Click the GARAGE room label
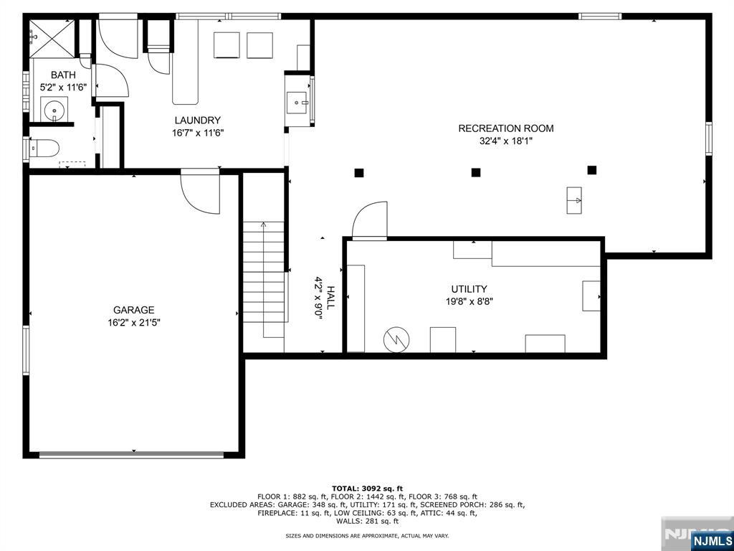point(133,310)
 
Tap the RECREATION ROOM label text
point(505,128)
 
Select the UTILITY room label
point(469,289)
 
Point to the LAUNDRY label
point(198,121)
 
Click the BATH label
point(63,75)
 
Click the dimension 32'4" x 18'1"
point(506,141)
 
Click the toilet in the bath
point(44,149)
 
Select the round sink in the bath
point(54,110)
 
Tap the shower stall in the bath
point(52,39)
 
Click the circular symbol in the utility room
point(396,339)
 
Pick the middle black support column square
point(476,172)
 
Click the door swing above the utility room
point(370,220)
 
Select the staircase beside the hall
point(264,272)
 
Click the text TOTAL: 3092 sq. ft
point(367,488)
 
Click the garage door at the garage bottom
point(132,454)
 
